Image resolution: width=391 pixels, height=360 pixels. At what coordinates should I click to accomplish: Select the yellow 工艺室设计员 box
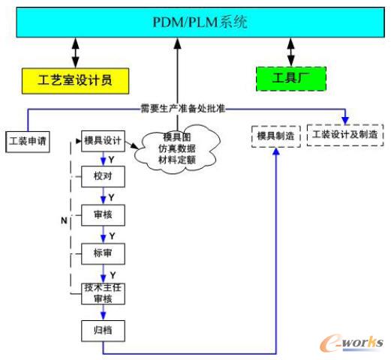point(74,79)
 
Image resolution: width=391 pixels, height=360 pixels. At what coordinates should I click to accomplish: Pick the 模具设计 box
point(104,140)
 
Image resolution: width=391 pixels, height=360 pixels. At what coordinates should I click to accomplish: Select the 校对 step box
point(102,178)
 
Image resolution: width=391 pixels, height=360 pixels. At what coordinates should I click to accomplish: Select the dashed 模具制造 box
point(275,135)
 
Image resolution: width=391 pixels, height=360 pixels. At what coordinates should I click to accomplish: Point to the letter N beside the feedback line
point(64,220)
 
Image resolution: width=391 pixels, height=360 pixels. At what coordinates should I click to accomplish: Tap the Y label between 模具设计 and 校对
point(111,159)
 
